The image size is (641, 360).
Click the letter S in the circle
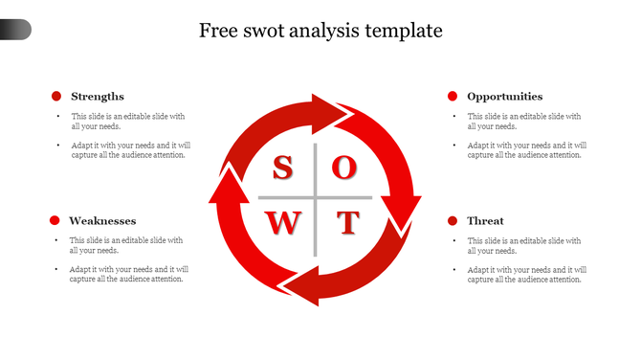tap(282, 169)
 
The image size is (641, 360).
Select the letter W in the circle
tap(282, 223)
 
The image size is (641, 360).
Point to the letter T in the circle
tap(346, 223)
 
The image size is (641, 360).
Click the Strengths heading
tap(98, 96)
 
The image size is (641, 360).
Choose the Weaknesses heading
tap(103, 221)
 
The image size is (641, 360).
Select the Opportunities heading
tap(504, 96)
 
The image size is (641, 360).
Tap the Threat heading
tap(485, 221)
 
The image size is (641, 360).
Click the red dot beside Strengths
tap(56, 96)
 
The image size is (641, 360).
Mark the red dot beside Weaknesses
tap(55, 221)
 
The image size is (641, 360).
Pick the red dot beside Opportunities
tap(453, 96)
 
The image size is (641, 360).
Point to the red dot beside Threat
tap(453, 221)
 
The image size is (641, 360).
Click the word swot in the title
tap(270, 31)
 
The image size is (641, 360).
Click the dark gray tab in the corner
tap(15, 30)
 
